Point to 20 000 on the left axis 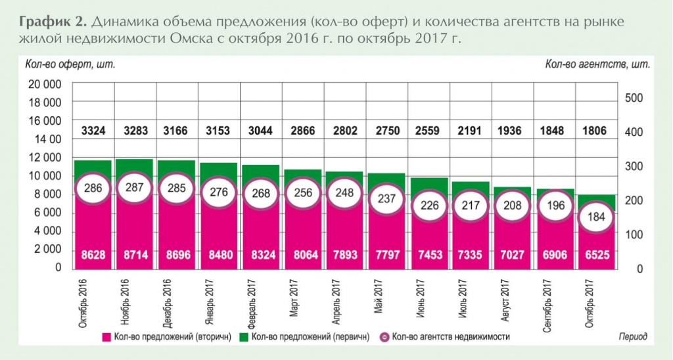coord(44,84)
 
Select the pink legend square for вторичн coord(105,337)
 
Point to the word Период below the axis coord(632,336)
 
